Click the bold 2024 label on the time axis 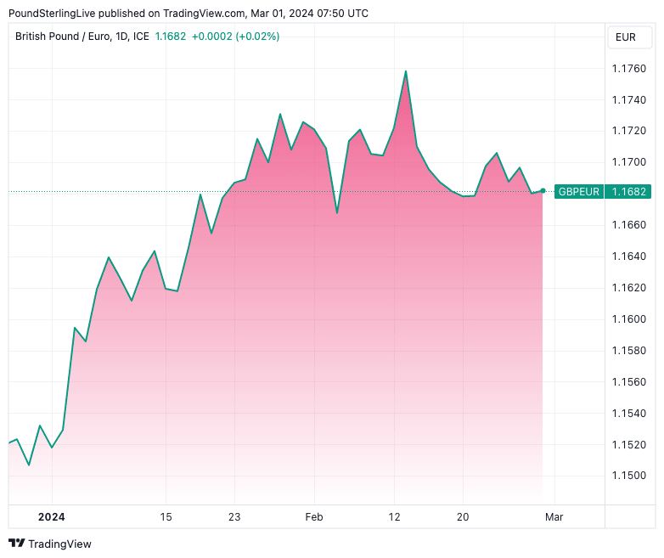pyautogui.click(x=51, y=516)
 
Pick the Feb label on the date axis pyautogui.click(x=314, y=516)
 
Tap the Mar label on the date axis pyautogui.click(x=554, y=516)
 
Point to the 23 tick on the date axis pyautogui.click(x=234, y=516)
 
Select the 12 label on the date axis pyautogui.click(x=394, y=516)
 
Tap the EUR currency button pyautogui.click(x=626, y=37)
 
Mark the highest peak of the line pyautogui.click(x=406, y=71)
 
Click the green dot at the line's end pyautogui.click(x=543, y=191)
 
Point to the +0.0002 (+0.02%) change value pyautogui.click(x=235, y=37)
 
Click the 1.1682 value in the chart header pyautogui.click(x=170, y=37)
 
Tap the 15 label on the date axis pyautogui.click(x=166, y=516)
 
